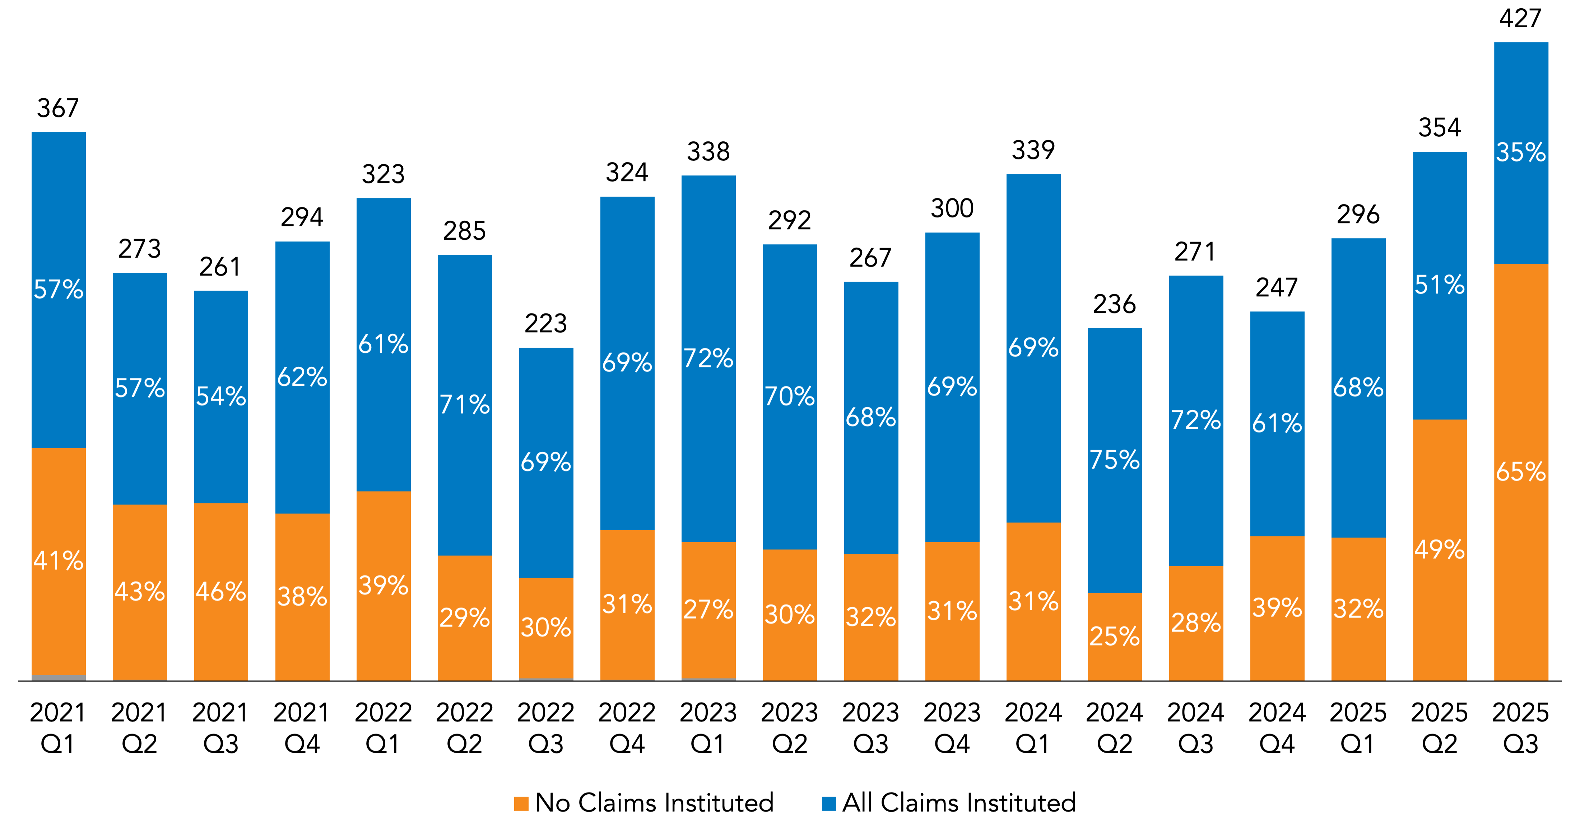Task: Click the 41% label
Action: [58, 561]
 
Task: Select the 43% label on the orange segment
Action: [140, 592]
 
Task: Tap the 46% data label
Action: [221, 592]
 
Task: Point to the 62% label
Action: [302, 377]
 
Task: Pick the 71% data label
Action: [464, 405]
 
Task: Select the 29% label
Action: [464, 617]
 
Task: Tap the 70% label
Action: [789, 397]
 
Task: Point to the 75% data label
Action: [1115, 460]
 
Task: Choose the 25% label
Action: [1115, 636]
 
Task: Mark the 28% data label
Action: [1196, 623]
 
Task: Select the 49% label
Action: [1440, 549]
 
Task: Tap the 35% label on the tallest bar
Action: [1521, 152]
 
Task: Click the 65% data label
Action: [1521, 472]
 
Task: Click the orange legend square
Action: [521, 804]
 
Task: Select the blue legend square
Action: [829, 804]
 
